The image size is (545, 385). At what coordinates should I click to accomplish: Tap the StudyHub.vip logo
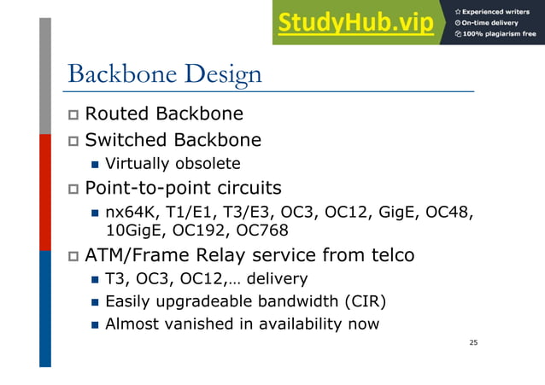(x=355, y=22)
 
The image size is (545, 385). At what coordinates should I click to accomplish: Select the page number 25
(x=473, y=342)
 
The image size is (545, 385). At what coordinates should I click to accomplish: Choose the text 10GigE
(x=132, y=230)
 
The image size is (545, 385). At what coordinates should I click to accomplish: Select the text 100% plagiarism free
(x=500, y=34)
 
